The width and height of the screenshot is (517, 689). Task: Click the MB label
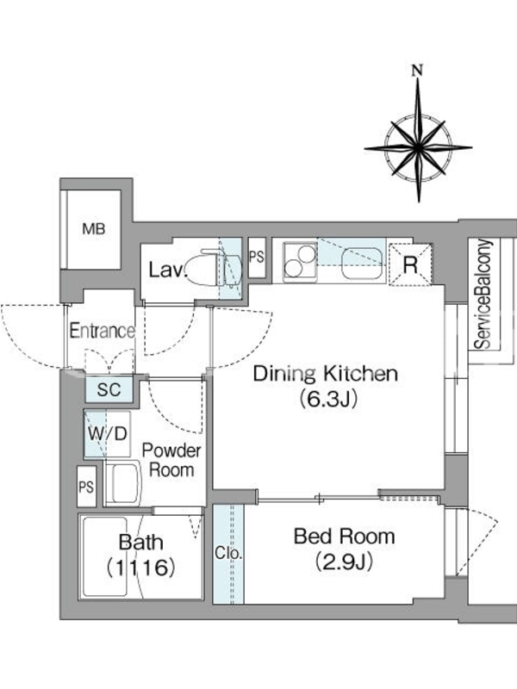[94, 229]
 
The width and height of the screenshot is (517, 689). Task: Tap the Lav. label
[167, 270]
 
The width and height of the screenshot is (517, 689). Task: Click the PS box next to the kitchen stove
[257, 258]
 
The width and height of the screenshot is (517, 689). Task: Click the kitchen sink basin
[362, 263]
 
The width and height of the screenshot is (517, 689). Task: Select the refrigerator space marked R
[411, 264]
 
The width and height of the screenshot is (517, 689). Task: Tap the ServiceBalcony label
[483, 294]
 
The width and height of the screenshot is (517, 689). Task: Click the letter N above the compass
[417, 70]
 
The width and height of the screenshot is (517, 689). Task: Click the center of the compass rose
[418, 147]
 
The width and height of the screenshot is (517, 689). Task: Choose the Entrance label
[103, 331]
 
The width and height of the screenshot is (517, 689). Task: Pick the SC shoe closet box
[109, 389]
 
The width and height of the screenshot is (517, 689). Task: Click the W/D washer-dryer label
[108, 434]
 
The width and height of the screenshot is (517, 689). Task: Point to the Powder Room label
[171, 460]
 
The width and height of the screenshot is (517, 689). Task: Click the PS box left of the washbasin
[86, 487]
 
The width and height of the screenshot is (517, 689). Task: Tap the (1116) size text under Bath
[141, 568]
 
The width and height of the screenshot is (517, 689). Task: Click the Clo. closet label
[228, 553]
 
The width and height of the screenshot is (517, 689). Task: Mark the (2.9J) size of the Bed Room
[344, 562]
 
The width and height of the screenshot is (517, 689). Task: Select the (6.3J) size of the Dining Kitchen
[327, 399]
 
